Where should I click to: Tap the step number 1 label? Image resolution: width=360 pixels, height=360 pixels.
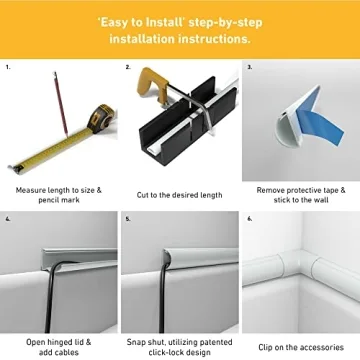coord(8,69)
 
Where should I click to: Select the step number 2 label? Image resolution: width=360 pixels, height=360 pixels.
coord(128,69)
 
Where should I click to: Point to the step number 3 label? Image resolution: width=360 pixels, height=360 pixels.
coord(249,69)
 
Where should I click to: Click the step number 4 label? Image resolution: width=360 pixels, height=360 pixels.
coord(8,217)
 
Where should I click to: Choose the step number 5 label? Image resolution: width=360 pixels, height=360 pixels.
coord(128,217)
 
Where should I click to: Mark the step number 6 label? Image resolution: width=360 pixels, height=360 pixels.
coord(249,217)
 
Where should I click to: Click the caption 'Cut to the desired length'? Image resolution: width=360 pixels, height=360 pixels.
coord(180,195)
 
